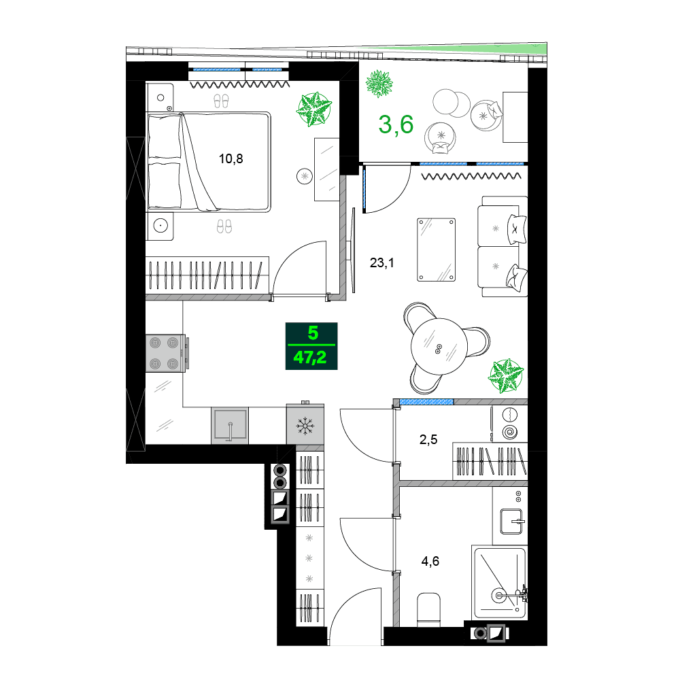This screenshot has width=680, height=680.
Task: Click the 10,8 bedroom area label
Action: pos(231,159)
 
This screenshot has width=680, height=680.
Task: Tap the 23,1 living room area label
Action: pos(382,262)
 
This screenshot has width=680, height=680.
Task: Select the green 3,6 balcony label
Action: pos(396,126)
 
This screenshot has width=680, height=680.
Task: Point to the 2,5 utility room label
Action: pos(428,440)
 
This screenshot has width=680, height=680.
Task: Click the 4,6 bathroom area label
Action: pos(430,561)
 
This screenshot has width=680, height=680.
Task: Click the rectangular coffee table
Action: pos(436,249)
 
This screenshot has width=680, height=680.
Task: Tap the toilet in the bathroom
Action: pos(430,609)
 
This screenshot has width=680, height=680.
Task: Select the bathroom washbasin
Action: pos(511,521)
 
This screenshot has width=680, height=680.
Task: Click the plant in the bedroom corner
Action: pos(313,109)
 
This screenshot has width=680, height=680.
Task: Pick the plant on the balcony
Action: pos(379,84)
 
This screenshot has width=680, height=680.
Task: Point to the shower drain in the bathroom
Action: pos(500,596)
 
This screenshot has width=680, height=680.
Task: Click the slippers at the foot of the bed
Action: pos(224,226)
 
